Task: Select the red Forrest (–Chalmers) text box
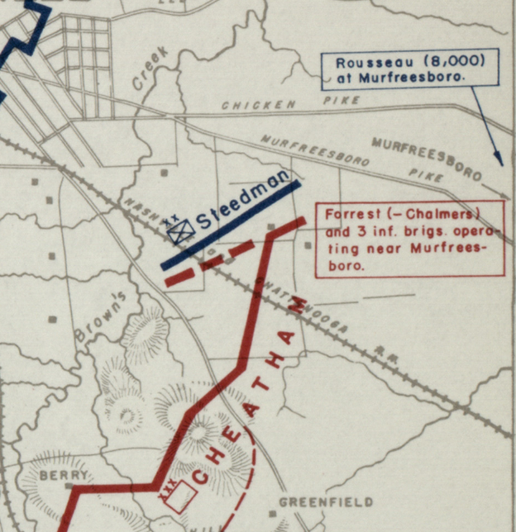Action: tap(409, 238)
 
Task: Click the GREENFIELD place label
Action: tap(326, 502)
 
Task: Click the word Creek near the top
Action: tap(150, 68)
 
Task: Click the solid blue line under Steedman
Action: tap(231, 225)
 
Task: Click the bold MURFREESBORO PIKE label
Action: tap(426, 158)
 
